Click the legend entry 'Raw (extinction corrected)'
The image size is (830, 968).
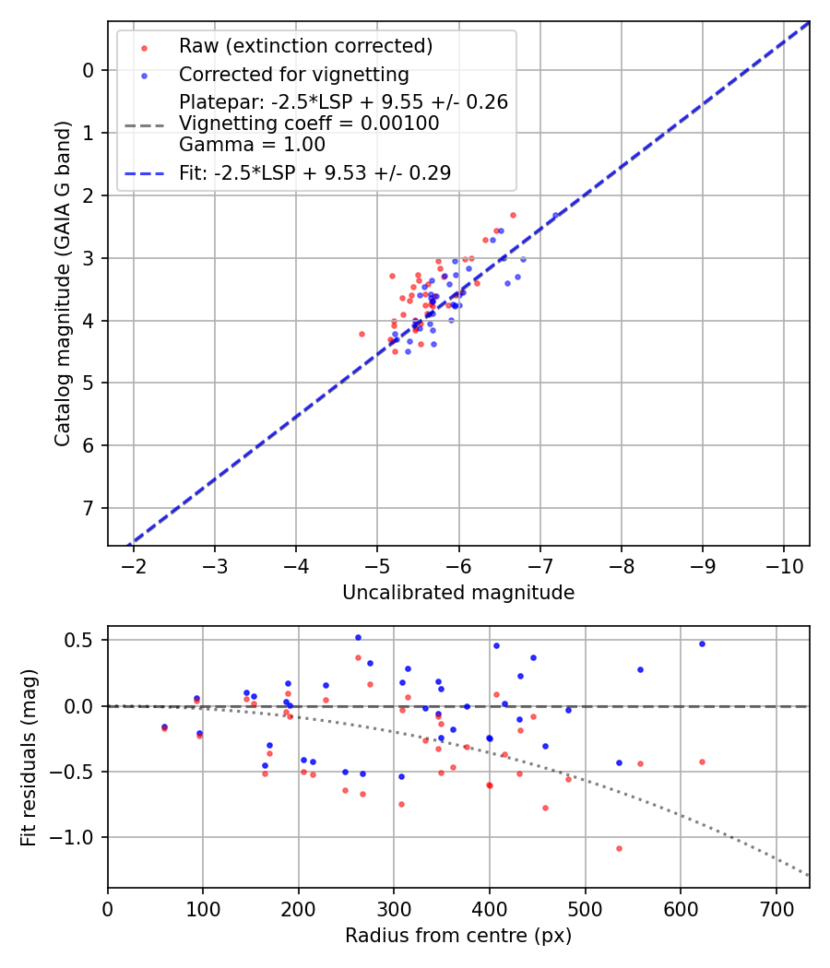pyautogui.click(x=305, y=46)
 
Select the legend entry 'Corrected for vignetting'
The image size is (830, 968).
pyautogui.click(x=293, y=74)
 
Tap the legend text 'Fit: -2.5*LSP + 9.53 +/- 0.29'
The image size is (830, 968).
pyautogui.click(x=314, y=172)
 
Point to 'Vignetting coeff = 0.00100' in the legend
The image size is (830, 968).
pyautogui.click(x=309, y=124)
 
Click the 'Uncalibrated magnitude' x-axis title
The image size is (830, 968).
pyautogui.click(x=458, y=593)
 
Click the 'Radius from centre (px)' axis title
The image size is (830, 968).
pyautogui.click(x=458, y=936)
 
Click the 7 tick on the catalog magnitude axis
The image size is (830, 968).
pyautogui.click(x=89, y=508)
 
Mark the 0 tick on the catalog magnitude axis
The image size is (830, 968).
pyautogui.click(x=89, y=70)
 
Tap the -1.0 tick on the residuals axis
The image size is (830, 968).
pyautogui.click(x=79, y=837)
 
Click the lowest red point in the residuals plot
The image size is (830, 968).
pyautogui.click(x=619, y=848)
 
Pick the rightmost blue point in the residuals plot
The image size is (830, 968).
pyautogui.click(x=702, y=643)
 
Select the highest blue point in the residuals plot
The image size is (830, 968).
pyautogui.click(x=358, y=637)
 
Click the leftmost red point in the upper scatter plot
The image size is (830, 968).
pyautogui.click(x=362, y=334)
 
